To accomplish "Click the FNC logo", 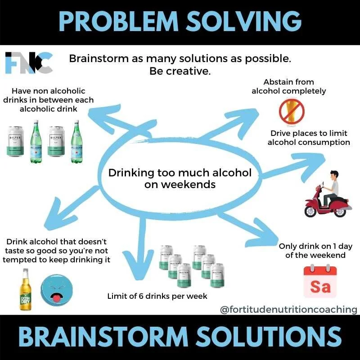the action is pos(29,63).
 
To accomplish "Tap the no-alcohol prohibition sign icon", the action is pos(291,111).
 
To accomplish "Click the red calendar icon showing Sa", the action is pos(320,282).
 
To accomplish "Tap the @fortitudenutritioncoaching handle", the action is pos(288,310).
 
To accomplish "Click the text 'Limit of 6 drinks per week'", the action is pos(157,296).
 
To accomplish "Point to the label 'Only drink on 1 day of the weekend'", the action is pos(315,251).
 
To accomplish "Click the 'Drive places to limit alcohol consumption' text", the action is pos(309,138).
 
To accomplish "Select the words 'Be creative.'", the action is pos(180,71).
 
